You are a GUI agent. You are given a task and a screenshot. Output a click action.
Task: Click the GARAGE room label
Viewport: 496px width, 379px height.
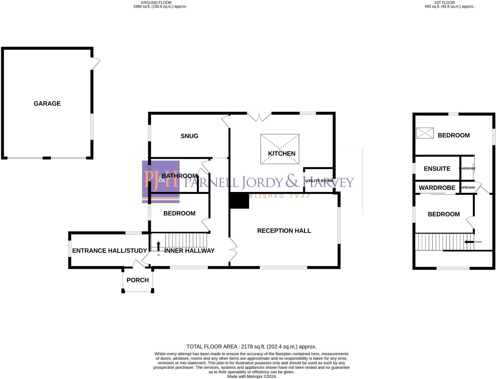click(47, 104)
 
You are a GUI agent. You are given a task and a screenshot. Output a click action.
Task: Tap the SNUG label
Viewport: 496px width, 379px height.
click(189, 136)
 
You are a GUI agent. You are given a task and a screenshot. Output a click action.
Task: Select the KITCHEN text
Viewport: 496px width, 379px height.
click(281, 154)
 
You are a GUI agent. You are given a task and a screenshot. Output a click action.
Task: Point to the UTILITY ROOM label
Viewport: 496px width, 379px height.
click(319, 181)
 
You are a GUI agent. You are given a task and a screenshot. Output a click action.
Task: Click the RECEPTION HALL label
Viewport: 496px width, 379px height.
click(284, 231)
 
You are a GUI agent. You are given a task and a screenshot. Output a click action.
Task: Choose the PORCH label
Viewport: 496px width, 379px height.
click(138, 280)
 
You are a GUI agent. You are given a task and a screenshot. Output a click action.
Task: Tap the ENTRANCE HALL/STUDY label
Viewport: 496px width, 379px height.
click(109, 251)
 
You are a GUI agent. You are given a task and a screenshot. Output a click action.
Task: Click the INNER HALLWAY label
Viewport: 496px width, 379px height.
click(189, 251)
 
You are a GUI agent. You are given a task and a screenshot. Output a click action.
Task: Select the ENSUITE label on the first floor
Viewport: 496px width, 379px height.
click(437, 169)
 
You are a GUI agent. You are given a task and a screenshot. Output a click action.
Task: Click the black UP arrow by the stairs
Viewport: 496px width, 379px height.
click(158, 246)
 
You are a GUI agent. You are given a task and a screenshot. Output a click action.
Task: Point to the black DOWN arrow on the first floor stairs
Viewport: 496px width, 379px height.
click(469, 242)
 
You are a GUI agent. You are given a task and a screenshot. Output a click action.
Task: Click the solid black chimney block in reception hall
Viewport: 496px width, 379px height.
click(240, 201)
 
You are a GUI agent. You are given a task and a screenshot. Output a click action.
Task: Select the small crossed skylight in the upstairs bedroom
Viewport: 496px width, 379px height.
click(425, 133)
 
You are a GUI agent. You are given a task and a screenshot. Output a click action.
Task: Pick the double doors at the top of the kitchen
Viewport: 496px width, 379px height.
click(259, 117)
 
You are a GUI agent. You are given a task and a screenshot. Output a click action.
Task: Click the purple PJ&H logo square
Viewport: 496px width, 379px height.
click(161, 181)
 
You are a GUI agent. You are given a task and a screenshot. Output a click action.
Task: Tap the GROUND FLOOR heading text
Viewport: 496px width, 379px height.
click(156, 3)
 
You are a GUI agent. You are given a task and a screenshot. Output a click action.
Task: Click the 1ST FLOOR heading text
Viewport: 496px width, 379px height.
click(444, 3)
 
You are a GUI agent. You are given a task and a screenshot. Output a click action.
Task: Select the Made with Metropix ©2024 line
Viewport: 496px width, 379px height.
click(251, 376)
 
